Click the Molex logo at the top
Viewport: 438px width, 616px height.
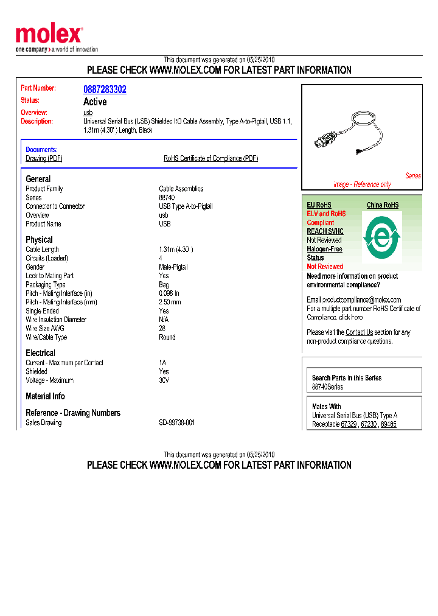click(49, 35)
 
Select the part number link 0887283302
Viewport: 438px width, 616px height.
click(105, 89)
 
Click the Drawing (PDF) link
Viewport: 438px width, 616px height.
click(44, 158)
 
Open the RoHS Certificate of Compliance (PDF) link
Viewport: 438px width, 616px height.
click(210, 158)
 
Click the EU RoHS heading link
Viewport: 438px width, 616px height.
click(319, 205)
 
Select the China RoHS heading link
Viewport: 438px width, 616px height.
click(383, 205)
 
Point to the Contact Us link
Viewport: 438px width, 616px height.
click(359, 332)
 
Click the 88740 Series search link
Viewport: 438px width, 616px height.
click(327, 387)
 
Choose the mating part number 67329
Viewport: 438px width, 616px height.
click(349, 424)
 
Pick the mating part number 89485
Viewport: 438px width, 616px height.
click(388, 424)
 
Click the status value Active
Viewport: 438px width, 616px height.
click(95, 102)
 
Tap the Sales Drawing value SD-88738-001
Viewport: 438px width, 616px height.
click(176, 422)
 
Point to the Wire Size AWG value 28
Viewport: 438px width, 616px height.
click(162, 328)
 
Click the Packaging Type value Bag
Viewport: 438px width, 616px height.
click(164, 284)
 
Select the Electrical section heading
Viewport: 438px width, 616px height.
click(40, 353)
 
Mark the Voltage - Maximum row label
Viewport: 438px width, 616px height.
click(49, 380)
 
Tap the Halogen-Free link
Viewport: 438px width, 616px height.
click(324, 249)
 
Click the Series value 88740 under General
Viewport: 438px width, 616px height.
click(167, 198)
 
